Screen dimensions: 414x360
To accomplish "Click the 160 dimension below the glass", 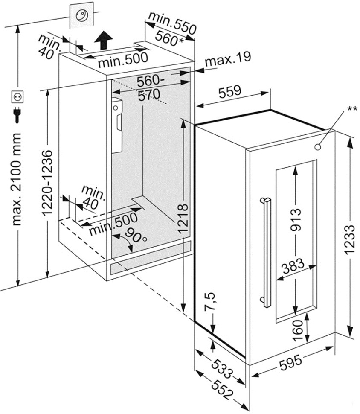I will (298, 328).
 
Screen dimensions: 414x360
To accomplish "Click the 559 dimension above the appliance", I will (230, 90).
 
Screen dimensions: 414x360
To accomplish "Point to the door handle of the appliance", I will (267, 252).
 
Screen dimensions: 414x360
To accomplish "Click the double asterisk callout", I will (352, 109).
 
